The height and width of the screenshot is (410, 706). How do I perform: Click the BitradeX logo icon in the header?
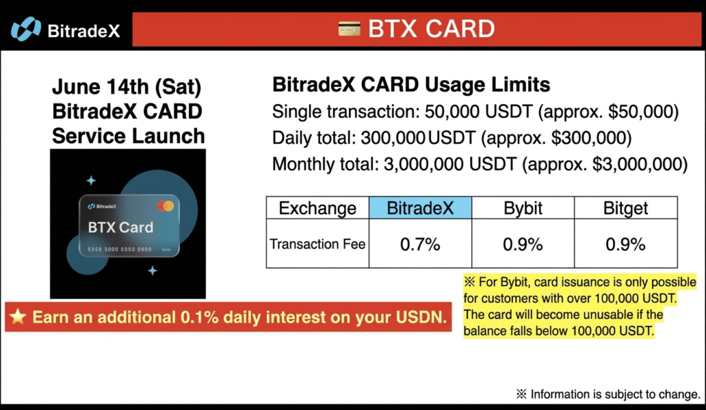tap(26, 29)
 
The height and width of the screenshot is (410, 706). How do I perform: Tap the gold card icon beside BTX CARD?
tap(349, 29)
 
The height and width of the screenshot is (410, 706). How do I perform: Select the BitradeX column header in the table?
tap(420, 208)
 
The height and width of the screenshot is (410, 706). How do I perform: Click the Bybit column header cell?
tap(523, 208)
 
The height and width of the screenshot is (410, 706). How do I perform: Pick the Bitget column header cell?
tap(625, 208)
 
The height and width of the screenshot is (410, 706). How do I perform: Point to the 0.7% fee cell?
tap(420, 243)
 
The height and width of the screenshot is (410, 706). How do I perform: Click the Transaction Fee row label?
tap(317, 243)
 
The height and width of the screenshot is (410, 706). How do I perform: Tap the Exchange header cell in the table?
tap(317, 208)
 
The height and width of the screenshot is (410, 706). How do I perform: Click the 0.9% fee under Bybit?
tap(523, 245)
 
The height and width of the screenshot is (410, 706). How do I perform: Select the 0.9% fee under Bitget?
tap(625, 245)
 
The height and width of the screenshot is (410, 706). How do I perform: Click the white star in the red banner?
tap(18, 316)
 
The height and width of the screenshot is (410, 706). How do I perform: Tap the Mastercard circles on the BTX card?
tap(165, 206)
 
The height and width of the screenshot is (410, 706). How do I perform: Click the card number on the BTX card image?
tap(119, 249)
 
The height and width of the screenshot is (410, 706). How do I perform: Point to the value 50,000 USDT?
tap(478, 112)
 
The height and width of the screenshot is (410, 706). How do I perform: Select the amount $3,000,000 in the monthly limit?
tap(636, 164)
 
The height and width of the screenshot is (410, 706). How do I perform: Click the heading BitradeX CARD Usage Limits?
tap(411, 85)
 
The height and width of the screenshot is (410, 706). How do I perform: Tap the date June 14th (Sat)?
tap(127, 86)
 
